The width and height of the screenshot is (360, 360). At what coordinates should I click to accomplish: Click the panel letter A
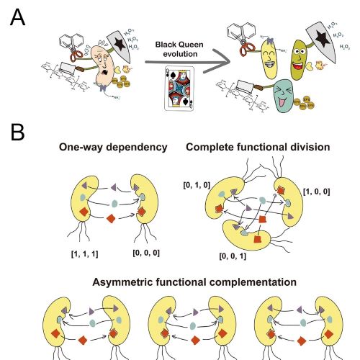pos(19,15)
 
